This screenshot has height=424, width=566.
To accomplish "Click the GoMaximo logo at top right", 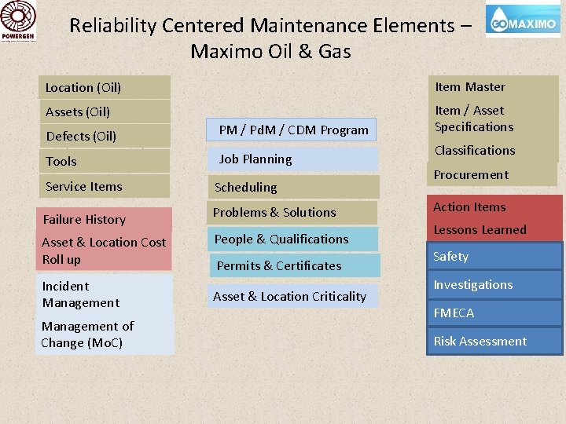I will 524,22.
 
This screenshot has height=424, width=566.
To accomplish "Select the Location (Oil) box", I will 105,87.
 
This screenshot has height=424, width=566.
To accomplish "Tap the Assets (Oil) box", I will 105,111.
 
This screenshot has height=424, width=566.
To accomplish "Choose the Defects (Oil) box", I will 105,136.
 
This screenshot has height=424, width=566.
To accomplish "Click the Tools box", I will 105,161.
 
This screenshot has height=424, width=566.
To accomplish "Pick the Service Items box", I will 105,186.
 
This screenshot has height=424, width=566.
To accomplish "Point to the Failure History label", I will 84,219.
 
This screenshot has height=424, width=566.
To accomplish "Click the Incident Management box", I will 104,294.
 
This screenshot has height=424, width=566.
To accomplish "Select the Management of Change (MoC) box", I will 104,334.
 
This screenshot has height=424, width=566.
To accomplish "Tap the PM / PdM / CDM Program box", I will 293,130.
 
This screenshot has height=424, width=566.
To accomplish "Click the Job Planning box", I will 292,159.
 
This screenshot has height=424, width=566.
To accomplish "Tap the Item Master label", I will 470,86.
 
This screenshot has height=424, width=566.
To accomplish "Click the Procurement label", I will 472,174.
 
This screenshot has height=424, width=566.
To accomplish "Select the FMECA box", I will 494,313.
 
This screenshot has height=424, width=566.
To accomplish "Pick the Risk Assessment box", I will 494,341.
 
